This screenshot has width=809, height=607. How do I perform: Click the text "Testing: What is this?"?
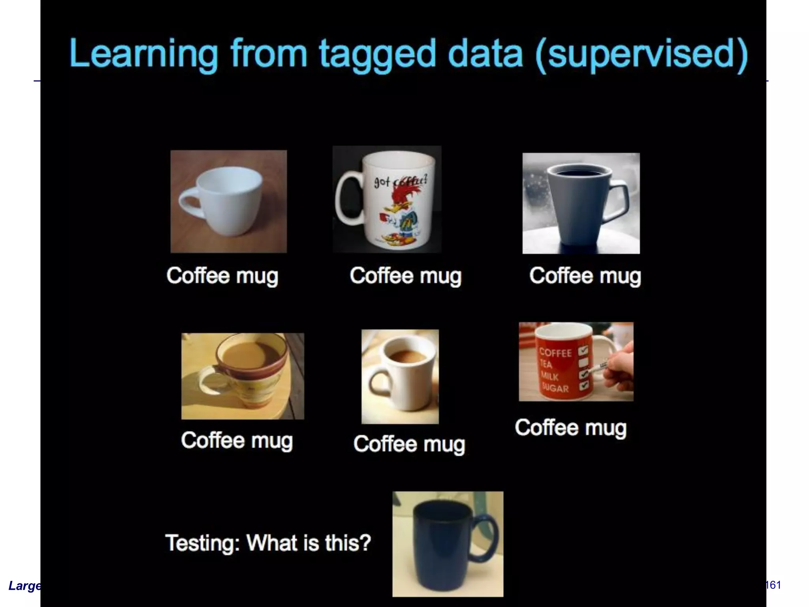click(x=268, y=543)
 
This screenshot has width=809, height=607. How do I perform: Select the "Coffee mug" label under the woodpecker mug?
click(x=405, y=276)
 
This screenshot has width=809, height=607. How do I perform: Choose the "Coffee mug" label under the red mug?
click(x=570, y=428)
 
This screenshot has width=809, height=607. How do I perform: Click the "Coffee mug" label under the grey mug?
click(x=585, y=276)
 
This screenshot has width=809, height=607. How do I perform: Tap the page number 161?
click(x=773, y=585)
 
